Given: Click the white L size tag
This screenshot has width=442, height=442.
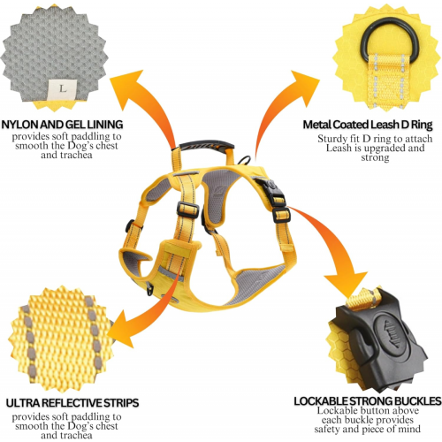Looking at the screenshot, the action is point(63,89).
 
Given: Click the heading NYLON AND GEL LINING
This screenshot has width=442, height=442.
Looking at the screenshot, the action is point(62,125).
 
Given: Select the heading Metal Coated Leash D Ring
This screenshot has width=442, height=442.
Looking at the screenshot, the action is point(368,125).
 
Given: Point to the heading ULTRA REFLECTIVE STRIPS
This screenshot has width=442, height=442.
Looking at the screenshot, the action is point(72,403).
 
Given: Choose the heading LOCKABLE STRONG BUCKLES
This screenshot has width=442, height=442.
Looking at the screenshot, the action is point(368,401).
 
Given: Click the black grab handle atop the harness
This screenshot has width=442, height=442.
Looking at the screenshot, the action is point(206,145).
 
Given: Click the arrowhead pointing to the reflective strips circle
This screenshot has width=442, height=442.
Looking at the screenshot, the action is point(119,330).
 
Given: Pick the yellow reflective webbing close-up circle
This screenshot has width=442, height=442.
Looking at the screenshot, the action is point(61,339).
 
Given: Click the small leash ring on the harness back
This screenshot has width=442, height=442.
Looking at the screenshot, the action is point(244,159).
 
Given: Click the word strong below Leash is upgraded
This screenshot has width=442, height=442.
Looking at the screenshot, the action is point(375,157).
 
